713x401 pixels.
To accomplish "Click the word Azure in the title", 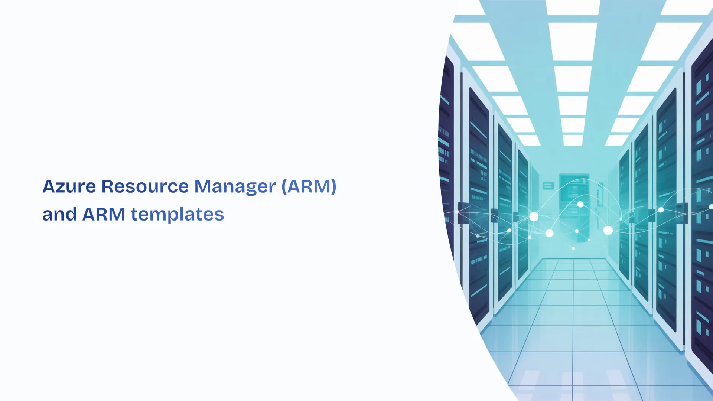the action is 69,186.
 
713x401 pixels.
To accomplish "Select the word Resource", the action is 145,186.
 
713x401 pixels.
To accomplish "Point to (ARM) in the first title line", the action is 309,186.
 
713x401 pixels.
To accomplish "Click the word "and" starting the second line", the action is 59,214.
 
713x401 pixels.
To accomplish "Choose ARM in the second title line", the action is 104,214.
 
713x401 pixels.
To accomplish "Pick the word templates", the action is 178,215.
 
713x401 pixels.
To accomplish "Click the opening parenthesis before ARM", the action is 284,187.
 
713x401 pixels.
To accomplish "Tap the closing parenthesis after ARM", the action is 333,187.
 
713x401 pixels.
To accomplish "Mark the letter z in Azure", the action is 62,188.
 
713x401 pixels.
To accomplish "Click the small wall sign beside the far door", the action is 548,186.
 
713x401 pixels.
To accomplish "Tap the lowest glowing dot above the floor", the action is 573,248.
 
